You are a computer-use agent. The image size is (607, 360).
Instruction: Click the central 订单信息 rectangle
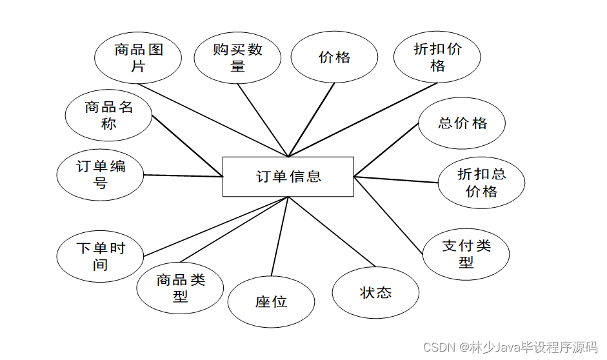click(x=288, y=176)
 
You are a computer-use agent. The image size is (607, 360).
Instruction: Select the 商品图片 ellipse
click(x=138, y=57)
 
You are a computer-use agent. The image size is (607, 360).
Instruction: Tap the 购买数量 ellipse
click(x=237, y=57)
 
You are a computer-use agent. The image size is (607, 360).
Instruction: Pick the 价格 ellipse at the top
click(x=334, y=57)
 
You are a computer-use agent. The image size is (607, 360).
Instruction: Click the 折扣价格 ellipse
click(x=437, y=57)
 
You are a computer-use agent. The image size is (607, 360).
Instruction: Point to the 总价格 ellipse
click(x=462, y=123)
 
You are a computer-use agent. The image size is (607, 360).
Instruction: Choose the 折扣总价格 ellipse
click(x=481, y=183)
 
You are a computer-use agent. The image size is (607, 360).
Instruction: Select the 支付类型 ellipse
click(x=466, y=254)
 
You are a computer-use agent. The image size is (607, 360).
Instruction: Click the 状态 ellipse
click(x=375, y=293)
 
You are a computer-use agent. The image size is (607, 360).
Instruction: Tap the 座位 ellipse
click(x=271, y=302)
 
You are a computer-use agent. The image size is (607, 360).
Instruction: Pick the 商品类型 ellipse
click(x=180, y=288)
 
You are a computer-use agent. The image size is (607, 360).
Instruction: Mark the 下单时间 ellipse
click(x=100, y=256)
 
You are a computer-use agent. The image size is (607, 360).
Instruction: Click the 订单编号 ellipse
click(x=100, y=175)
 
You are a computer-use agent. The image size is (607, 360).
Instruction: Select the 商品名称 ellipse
click(x=108, y=115)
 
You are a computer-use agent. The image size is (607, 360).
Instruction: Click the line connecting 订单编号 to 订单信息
click(x=183, y=175)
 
